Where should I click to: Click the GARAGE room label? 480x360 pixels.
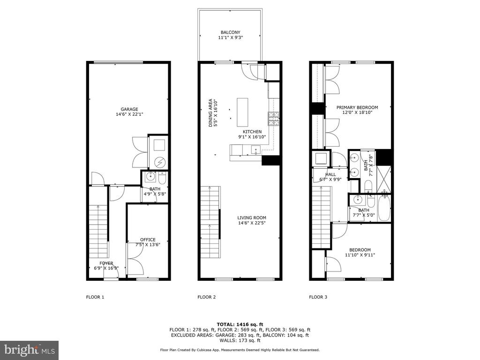pyautogui.click(x=129, y=109)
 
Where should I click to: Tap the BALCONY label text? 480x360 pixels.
pyautogui.click(x=231, y=32)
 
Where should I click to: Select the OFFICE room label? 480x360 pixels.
pyautogui.click(x=148, y=240)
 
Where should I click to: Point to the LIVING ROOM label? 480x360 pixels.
pyautogui.click(x=252, y=218)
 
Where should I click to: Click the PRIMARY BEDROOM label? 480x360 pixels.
pyautogui.click(x=357, y=107)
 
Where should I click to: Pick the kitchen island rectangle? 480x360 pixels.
pyautogui.click(x=242, y=112)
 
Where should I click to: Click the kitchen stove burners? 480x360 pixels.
pyautogui.click(x=274, y=119)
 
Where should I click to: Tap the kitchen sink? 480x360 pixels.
pyautogui.click(x=255, y=150)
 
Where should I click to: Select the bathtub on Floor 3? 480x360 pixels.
pyautogui.click(x=384, y=209)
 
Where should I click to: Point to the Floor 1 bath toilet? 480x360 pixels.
pyautogui.click(x=162, y=177)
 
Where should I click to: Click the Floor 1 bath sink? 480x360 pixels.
pyautogui.click(x=150, y=176)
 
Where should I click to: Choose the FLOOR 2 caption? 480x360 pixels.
pyautogui.click(x=207, y=297)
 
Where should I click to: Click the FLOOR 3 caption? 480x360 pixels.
pyautogui.click(x=318, y=297)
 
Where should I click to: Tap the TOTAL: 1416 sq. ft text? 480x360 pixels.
pyautogui.click(x=240, y=324)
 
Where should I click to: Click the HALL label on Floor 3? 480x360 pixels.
pyautogui.click(x=330, y=174)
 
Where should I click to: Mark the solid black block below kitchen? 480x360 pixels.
pyautogui.click(x=271, y=160)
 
